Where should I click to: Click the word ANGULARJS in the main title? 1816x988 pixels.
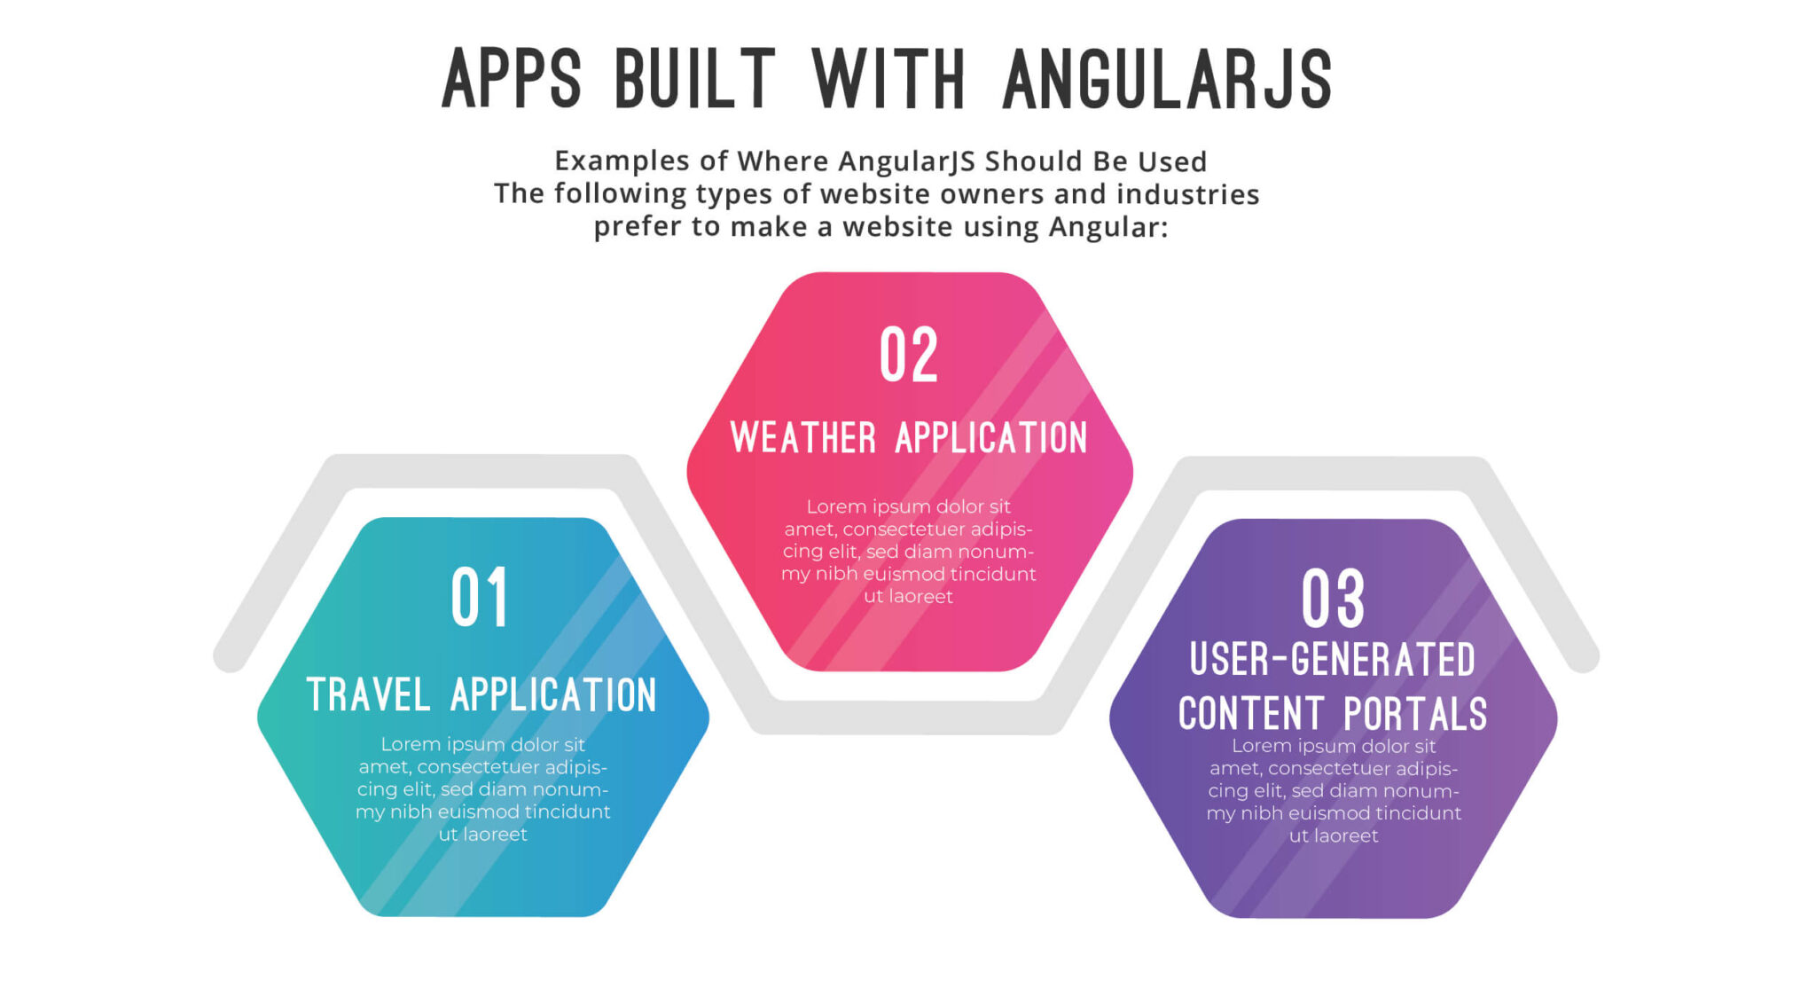pyautogui.click(x=1167, y=80)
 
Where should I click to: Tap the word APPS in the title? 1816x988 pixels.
pyautogui.click(x=512, y=80)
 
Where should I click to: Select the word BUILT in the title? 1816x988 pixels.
pyautogui.click(x=695, y=80)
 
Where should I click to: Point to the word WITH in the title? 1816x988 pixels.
pyautogui.click(x=888, y=80)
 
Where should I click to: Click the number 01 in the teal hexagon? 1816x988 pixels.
pyautogui.click(x=480, y=598)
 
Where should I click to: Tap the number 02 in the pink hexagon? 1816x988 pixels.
pyautogui.click(x=909, y=355)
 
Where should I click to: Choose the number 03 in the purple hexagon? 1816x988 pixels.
pyautogui.click(x=1333, y=600)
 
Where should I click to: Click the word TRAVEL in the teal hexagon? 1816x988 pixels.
pyautogui.click(x=368, y=694)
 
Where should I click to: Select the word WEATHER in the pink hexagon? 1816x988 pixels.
pyautogui.click(x=803, y=438)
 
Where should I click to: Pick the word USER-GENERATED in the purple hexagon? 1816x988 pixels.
pyautogui.click(x=1333, y=660)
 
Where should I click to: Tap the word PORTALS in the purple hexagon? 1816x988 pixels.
pyautogui.click(x=1415, y=714)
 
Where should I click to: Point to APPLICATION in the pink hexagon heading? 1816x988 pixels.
pyautogui.click(x=991, y=438)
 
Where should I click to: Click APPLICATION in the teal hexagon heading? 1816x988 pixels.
pyautogui.click(x=554, y=694)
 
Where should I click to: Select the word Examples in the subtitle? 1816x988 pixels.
pyautogui.click(x=622, y=161)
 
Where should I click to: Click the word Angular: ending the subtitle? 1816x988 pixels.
pyautogui.click(x=1108, y=228)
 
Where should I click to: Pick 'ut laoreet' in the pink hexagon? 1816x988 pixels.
pyautogui.click(x=909, y=597)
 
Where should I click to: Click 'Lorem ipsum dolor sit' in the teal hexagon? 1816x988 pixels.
pyautogui.click(x=483, y=745)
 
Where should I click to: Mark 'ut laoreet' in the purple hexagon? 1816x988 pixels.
pyautogui.click(x=1334, y=836)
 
